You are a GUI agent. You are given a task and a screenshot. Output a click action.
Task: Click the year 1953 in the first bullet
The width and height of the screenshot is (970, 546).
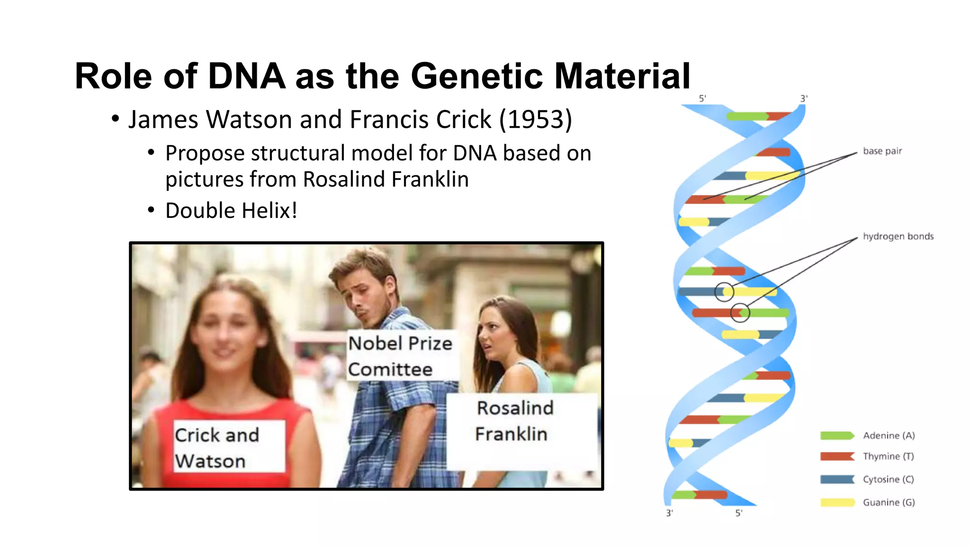point(536,119)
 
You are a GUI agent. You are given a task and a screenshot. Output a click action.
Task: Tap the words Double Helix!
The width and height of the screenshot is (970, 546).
point(231,210)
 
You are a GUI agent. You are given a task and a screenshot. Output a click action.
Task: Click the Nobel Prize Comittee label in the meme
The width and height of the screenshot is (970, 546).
point(400,356)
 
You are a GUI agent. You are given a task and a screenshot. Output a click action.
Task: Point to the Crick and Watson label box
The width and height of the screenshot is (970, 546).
point(229,446)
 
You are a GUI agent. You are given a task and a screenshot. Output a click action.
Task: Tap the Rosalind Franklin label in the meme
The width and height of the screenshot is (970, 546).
point(514,421)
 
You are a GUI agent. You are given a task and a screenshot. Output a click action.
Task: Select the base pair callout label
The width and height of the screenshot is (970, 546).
point(882,151)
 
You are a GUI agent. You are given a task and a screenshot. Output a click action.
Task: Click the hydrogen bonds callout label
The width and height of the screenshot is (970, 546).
point(898,237)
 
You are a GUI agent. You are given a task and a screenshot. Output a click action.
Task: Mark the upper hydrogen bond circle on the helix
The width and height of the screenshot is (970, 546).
point(724,292)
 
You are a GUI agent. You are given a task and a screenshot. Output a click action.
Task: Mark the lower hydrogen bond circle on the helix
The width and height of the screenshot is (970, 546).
point(740,313)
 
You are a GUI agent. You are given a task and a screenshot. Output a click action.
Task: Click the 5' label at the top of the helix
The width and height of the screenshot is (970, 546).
point(702,99)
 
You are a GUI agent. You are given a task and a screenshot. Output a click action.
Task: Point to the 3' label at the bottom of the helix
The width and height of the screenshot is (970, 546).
point(669,513)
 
